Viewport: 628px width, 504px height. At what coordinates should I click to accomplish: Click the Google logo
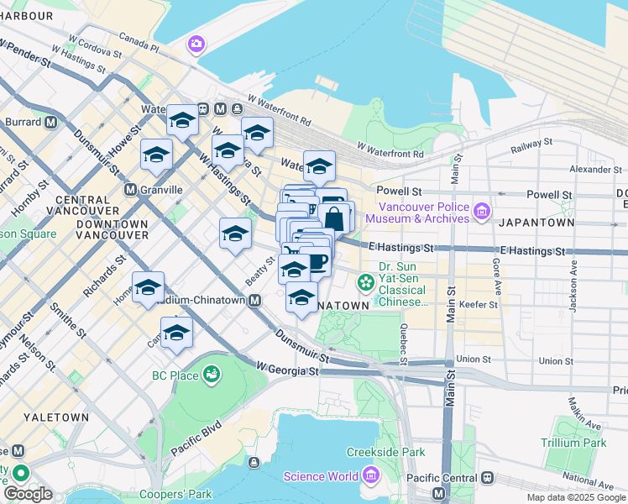[x=28, y=494]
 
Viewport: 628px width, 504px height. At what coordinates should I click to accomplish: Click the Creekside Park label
[x=390, y=452]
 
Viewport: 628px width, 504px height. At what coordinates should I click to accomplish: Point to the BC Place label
[x=175, y=375]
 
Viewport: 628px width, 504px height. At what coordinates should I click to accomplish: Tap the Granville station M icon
[x=130, y=190]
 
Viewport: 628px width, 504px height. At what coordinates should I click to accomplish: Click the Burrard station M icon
[x=50, y=122]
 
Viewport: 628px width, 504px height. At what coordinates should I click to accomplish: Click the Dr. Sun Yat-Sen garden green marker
[x=366, y=281]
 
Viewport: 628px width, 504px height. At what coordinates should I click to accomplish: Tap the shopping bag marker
[x=334, y=218]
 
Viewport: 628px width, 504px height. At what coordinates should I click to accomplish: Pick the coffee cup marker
[x=317, y=263]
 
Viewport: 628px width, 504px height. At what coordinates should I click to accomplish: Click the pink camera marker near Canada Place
[x=196, y=43]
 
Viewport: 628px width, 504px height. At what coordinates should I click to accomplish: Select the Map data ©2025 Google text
[x=575, y=497]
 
